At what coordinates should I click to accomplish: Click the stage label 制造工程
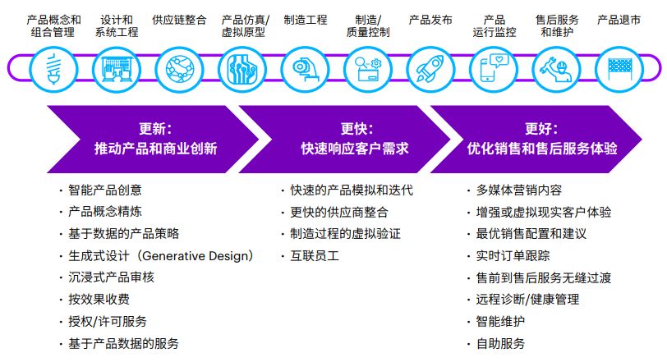click(x=306, y=19)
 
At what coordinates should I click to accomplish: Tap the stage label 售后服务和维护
click(x=556, y=25)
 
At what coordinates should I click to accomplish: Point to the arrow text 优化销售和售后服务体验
click(x=542, y=149)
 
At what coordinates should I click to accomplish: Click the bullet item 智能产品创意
click(x=105, y=190)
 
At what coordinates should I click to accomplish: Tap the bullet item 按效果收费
click(x=99, y=300)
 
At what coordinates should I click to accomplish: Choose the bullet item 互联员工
click(x=315, y=255)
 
